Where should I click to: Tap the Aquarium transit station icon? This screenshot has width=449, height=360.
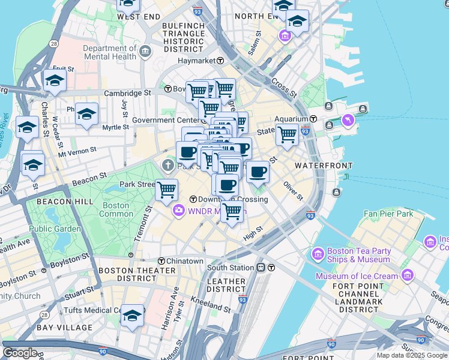314,119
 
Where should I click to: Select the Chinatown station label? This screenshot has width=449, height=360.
185,261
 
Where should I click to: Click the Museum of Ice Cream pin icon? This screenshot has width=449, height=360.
408,276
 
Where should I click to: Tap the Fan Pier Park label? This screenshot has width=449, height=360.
388,214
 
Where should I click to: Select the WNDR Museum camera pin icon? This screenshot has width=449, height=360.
178,211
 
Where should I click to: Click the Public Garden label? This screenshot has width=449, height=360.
55,229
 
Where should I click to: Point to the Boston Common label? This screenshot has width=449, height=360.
116,209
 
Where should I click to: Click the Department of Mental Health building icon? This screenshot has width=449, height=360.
145,53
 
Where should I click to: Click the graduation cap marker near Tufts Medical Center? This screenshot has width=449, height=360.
133,316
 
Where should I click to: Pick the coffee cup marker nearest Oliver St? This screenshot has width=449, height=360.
258,172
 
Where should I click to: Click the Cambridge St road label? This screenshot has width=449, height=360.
127,93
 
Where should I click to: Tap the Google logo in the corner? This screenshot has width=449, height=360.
20,353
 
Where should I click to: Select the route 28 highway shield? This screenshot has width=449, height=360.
54,44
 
